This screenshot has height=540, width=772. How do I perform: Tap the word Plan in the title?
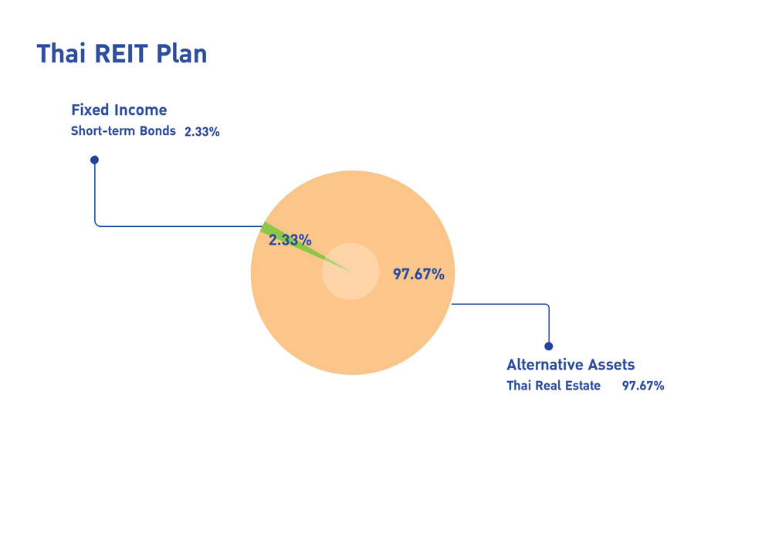pyautogui.click(x=181, y=53)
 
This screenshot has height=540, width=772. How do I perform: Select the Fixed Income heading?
pyautogui.click(x=119, y=110)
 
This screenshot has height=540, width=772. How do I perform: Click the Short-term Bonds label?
pyautogui.click(x=123, y=131)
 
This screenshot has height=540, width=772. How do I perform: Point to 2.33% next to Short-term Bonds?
pyautogui.click(x=201, y=131)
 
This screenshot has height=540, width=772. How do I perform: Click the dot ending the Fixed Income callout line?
pyautogui.click(x=94, y=160)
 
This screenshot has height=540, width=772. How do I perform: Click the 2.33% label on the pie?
pyautogui.click(x=290, y=240)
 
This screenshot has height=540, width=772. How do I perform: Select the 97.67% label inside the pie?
pyautogui.click(x=418, y=274)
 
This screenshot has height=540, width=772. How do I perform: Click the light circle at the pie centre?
pyautogui.click(x=350, y=271)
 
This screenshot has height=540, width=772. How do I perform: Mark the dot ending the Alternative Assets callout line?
pyautogui.click(x=548, y=346)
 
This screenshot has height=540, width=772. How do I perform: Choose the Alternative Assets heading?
pyautogui.click(x=571, y=364)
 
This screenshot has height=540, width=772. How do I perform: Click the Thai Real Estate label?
pyautogui.click(x=554, y=386)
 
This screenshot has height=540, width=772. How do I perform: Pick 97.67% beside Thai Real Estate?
pyautogui.click(x=643, y=386)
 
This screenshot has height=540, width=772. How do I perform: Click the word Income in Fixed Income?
pyautogui.click(x=141, y=110)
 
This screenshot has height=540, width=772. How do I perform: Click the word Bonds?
pyautogui.click(x=157, y=131)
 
